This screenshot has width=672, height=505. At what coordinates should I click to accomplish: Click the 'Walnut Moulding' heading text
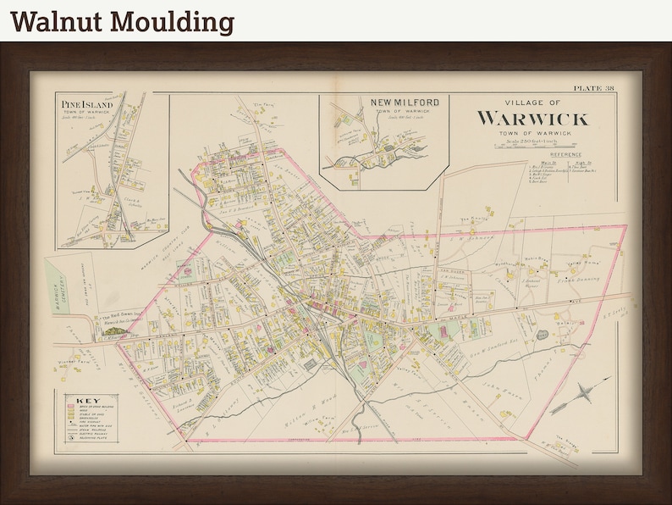pyautogui.click(x=122, y=21)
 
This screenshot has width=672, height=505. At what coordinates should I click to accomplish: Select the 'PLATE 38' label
pyautogui.click(x=593, y=88)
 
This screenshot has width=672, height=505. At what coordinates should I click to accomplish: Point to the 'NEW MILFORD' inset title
pyautogui.click(x=405, y=103)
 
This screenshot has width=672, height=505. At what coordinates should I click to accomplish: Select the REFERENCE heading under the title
pyautogui.click(x=565, y=155)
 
